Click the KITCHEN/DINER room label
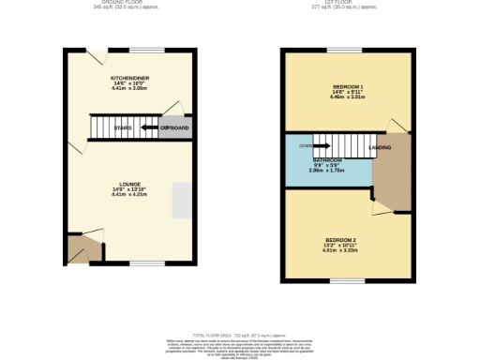(x=129, y=79)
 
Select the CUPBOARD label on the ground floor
(x=175, y=127)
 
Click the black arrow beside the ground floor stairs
(x=148, y=127)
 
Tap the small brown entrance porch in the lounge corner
(x=82, y=249)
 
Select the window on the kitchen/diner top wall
(x=145, y=50)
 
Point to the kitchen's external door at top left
(x=95, y=53)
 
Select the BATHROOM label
(x=327, y=160)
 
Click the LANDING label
(x=380, y=147)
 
